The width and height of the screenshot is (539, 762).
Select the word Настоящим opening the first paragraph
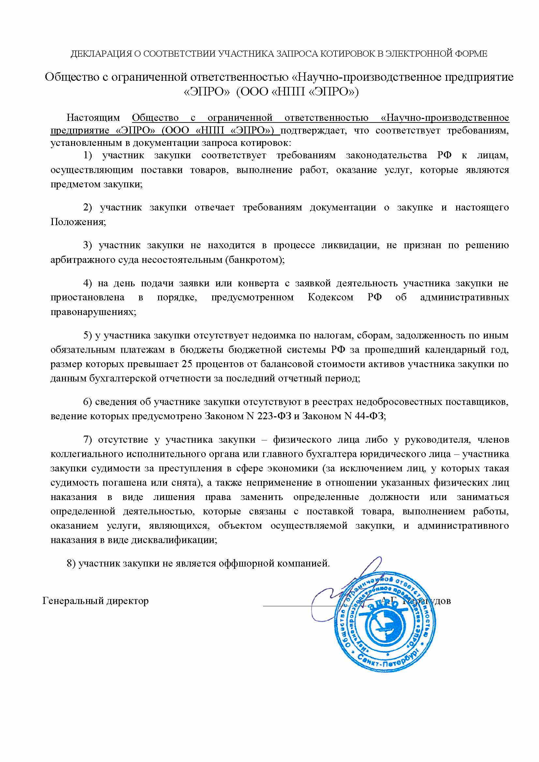point(93,118)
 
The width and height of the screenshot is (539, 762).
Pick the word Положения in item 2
point(78,222)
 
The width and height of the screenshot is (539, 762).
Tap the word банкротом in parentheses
point(254,260)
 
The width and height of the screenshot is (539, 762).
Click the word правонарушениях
point(93,312)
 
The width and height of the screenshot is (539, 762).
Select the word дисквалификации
point(174,540)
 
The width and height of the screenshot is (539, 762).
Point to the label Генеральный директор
point(96,601)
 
